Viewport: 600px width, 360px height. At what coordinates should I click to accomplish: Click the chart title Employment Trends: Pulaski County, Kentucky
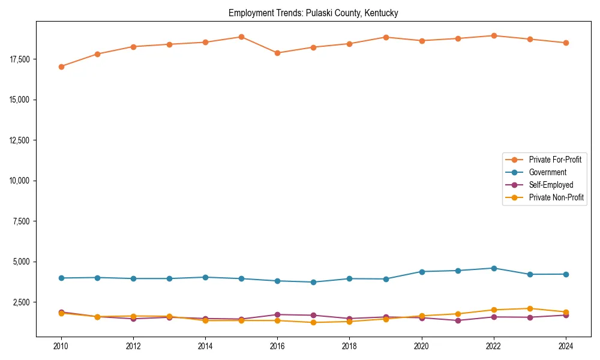tap(313, 13)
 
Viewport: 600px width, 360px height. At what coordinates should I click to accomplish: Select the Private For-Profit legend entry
tap(555, 160)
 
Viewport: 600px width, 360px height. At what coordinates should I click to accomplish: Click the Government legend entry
tap(547, 172)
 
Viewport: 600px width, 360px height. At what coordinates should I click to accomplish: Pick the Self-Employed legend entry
tap(551, 185)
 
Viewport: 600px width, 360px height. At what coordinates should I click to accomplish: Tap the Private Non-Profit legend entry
tap(556, 197)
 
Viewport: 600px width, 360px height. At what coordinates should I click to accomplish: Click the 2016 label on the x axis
tap(277, 346)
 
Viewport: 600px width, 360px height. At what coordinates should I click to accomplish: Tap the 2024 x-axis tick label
tap(565, 346)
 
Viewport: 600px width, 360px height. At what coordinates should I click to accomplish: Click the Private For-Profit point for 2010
tap(61, 67)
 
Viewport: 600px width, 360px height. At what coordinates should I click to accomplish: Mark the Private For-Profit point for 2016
tap(277, 53)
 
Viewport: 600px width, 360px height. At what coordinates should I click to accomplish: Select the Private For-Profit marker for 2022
tap(493, 35)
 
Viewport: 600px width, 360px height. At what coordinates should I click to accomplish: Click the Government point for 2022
tap(493, 268)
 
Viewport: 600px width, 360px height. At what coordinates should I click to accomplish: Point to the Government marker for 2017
tap(313, 282)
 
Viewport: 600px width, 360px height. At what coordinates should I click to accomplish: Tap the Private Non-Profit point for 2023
tap(529, 308)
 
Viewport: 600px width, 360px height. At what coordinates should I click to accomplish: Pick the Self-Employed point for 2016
tap(277, 314)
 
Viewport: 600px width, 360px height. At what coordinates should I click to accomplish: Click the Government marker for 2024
tap(565, 274)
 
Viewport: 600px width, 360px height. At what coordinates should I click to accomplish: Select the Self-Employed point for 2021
tap(457, 320)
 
